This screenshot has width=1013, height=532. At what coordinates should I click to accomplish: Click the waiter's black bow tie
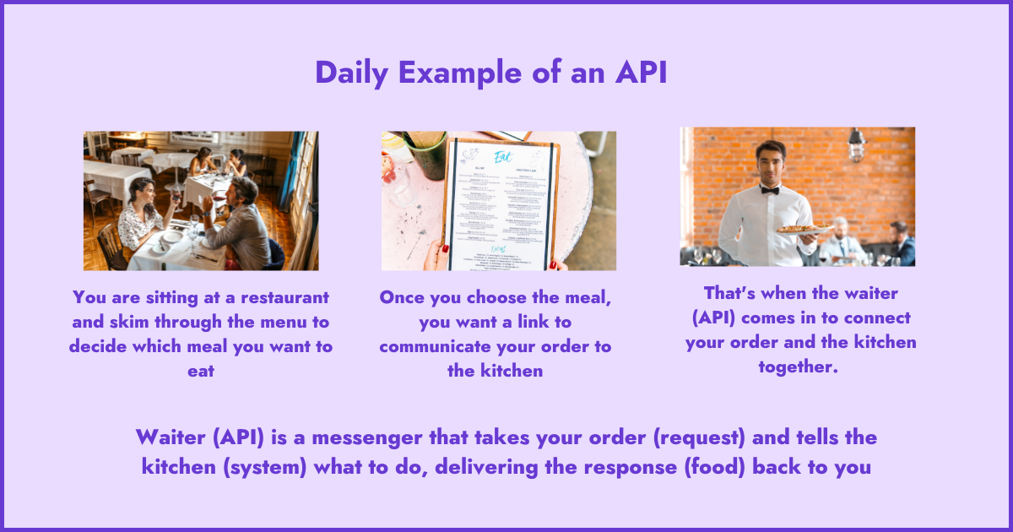[x=768, y=190]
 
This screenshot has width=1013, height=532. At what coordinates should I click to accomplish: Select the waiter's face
[x=768, y=165]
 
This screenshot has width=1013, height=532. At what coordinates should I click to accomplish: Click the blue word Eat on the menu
[x=502, y=157]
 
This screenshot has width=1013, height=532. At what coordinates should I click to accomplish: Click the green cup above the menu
[x=426, y=152]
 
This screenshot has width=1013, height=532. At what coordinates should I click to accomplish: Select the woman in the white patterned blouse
[x=140, y=218]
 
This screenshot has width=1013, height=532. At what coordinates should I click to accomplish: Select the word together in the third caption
[x=798, y=366]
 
